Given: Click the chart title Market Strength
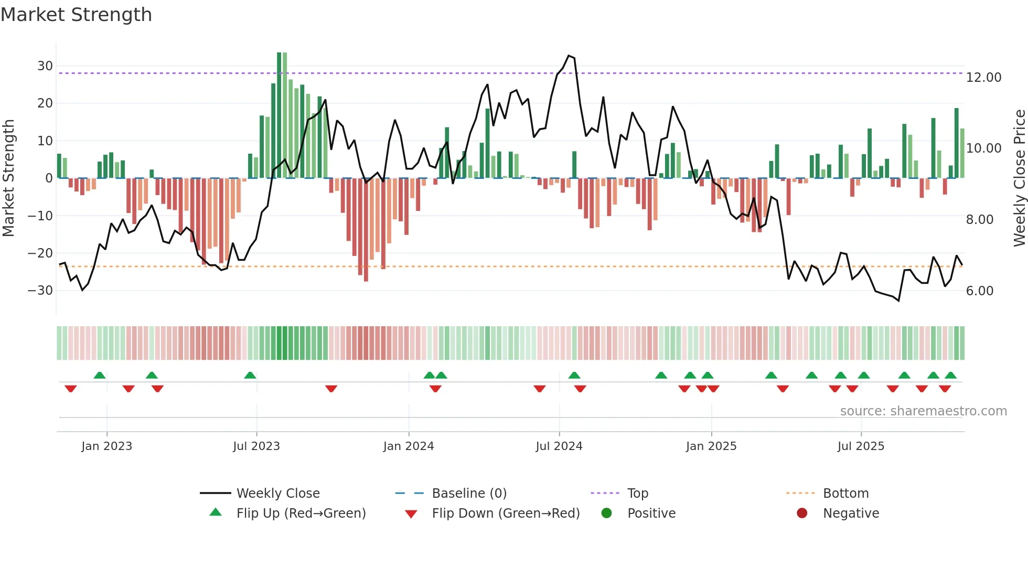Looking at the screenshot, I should tap(76, 15).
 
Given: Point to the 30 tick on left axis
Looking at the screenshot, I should tap(45, 66).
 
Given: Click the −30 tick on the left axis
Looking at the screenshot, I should tap(41, 291).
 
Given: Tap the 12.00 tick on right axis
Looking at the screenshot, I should tap(983, 78).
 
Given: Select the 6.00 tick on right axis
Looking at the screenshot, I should tap(979, 291).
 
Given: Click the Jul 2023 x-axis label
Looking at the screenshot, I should tap(256, 446).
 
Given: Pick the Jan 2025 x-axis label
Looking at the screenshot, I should tap(711, 446).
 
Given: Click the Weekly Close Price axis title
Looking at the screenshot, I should tap(1019, 178).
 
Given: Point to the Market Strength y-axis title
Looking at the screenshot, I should tap(8, 178).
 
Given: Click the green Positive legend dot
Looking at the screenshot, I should tap(606, 513).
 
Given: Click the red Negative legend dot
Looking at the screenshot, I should tap(801, 513).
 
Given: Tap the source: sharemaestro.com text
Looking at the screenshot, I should tap(923, 411).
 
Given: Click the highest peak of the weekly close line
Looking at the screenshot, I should tap(569, 56).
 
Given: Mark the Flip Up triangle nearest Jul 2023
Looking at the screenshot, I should tap(250, 375).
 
